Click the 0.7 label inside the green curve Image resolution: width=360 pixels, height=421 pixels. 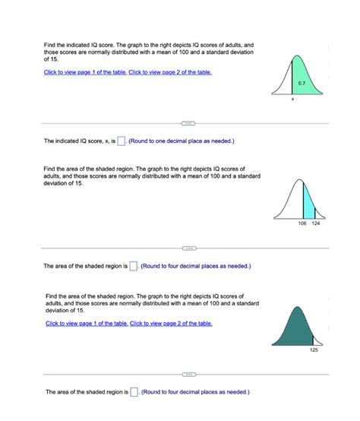coord(302,82)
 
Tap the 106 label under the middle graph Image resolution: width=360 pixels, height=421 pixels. coord(302,225)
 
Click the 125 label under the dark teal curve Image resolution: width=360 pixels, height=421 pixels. coord(314,350)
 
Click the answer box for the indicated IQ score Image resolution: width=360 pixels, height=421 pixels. coord(122,141)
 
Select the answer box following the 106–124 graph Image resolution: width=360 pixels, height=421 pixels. coord(134,266)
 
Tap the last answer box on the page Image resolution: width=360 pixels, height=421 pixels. coord(134,392)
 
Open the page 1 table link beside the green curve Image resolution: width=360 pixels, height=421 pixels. coord(85,72)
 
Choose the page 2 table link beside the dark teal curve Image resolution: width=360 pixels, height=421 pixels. coord(172,324)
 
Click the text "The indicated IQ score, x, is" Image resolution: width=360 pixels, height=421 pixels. coord(79,141)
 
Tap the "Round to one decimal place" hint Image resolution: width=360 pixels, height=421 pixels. coord(182,141)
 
